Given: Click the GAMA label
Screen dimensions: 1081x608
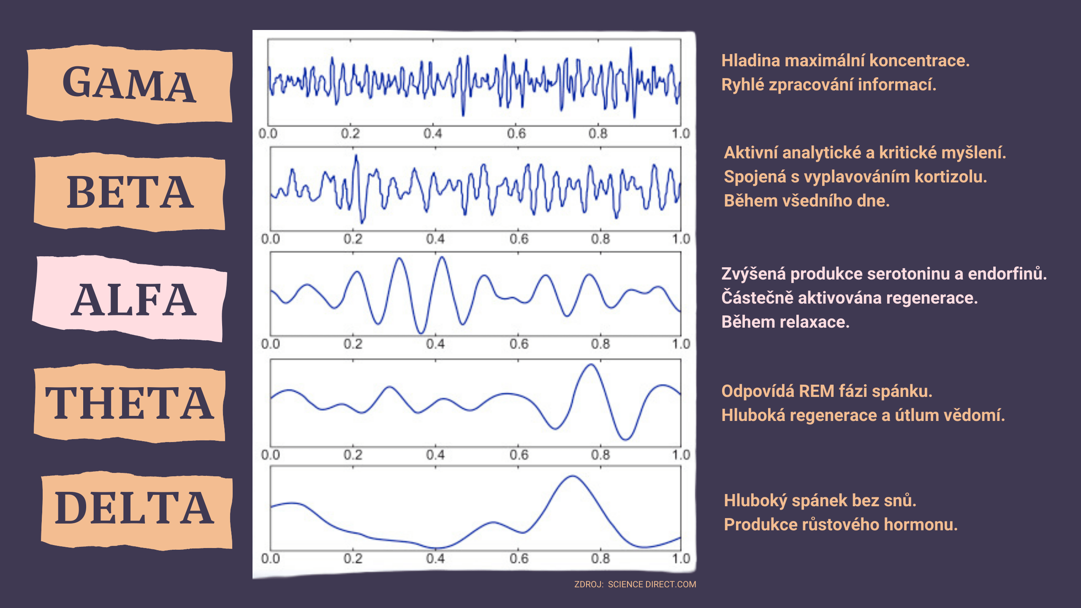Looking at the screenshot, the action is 129,84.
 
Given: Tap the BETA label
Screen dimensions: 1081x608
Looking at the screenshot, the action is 130,193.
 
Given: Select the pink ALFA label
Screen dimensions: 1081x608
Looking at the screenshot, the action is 130,299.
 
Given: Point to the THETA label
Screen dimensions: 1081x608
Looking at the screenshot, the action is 130,403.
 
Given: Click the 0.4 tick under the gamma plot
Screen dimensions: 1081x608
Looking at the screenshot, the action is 433,134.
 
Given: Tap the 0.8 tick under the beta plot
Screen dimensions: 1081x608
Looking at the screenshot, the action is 600,239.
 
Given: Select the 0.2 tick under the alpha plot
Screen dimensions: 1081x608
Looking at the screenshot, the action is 353,344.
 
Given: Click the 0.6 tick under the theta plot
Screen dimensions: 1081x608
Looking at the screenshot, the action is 519,455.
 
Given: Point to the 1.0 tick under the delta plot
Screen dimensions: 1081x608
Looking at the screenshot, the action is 681,559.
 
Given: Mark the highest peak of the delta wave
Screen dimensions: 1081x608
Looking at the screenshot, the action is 573,476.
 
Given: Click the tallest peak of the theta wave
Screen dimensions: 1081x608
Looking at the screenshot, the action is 591,365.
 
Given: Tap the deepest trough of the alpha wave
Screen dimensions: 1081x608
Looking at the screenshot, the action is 421,333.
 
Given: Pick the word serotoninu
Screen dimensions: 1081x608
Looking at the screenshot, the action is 907,274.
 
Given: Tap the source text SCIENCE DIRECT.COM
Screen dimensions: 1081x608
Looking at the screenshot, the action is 652,584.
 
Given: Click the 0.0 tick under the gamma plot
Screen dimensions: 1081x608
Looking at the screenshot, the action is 268,134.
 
